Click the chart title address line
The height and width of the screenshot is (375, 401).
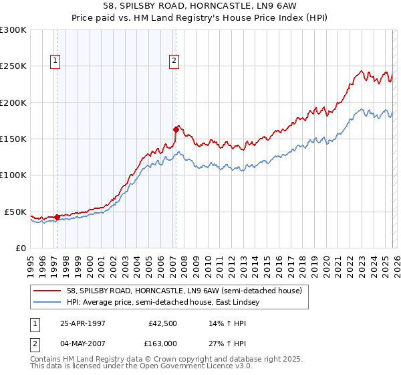[x=200, y=6]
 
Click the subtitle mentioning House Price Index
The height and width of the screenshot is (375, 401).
[x=200, y=18]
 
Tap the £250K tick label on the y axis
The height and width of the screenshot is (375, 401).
[x=13, y=66]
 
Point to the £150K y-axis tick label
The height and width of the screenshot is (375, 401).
[x=13, y=139]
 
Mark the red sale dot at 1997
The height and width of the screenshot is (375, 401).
[x=57, y=217]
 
